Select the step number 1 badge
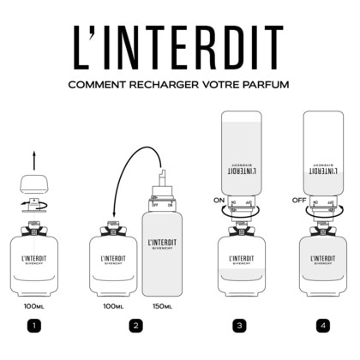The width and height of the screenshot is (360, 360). [x=33, y=325]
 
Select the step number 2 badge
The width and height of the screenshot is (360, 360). [x=135, y=325]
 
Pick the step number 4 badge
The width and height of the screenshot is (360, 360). [x=322, y=325]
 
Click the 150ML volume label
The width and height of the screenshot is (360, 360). [x=162, y=305]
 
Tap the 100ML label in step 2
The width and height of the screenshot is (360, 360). [x=113, y=305]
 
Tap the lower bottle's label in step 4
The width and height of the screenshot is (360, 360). [x=322, y=261]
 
